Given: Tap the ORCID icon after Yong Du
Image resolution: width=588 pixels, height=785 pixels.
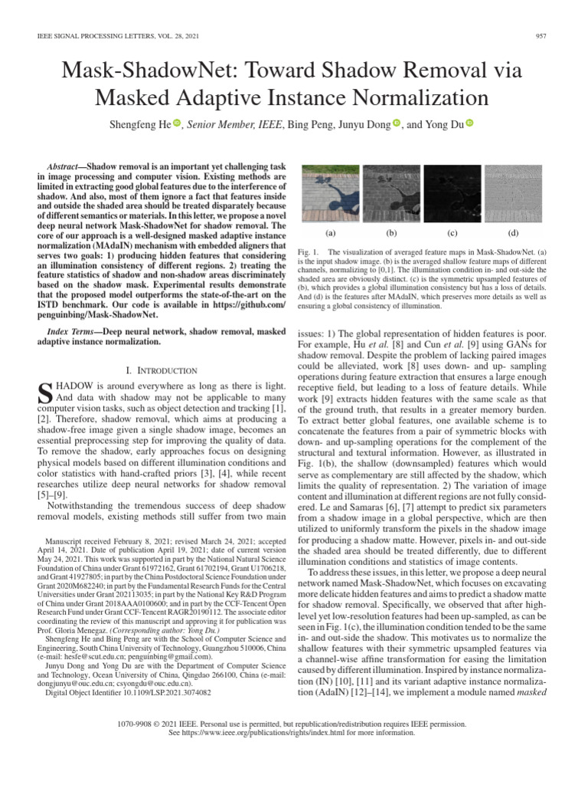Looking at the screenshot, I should coord(470,123).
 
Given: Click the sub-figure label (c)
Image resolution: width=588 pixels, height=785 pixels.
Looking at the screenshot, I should coord(452,232).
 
